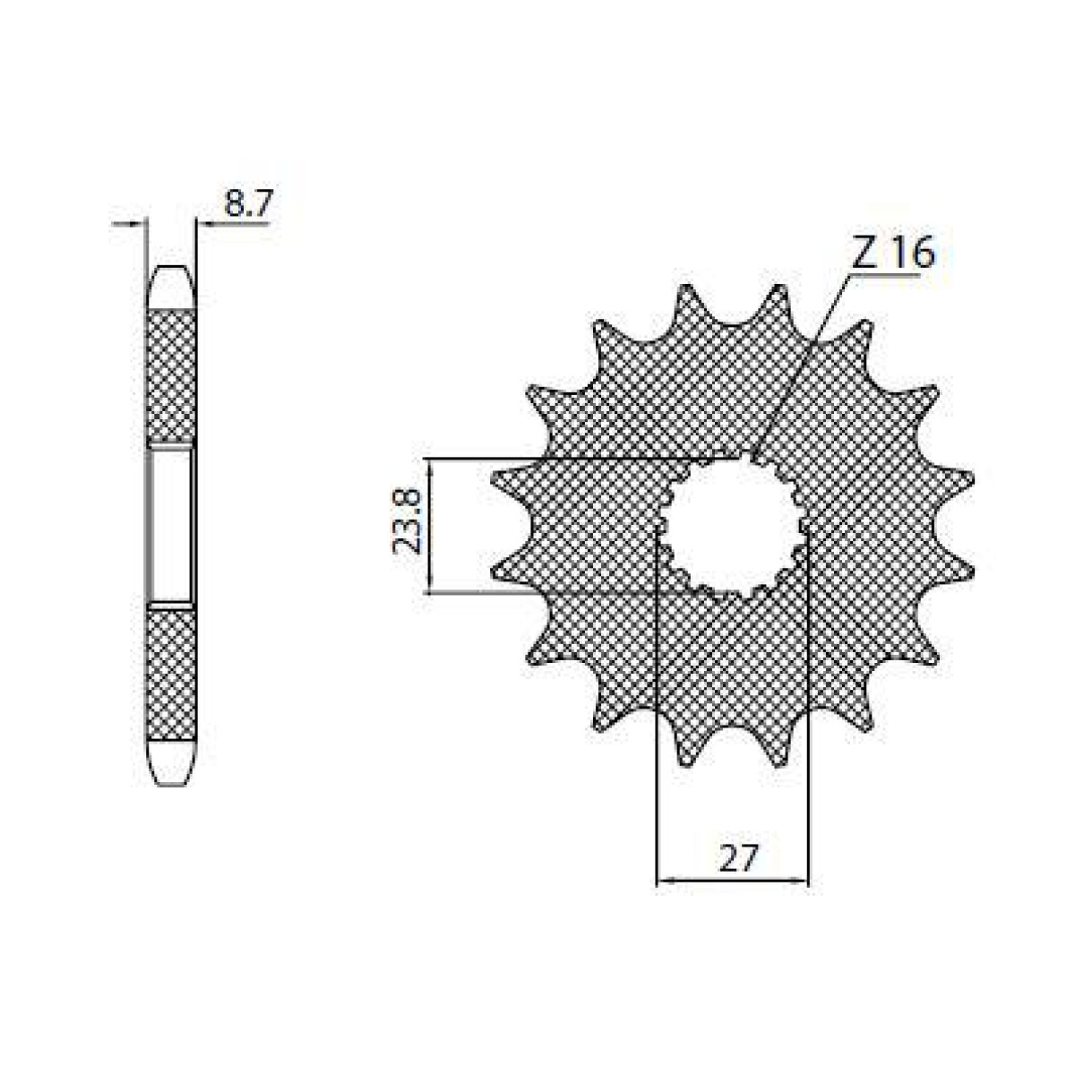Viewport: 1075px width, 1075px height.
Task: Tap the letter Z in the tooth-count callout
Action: pos(864,254)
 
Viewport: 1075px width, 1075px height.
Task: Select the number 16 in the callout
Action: pos(913,254)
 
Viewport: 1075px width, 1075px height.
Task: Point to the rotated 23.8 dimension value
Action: pos(407,526)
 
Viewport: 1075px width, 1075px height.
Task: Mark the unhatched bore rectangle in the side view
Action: pos(170,525)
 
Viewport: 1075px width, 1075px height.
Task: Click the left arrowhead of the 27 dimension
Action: pos(664,881)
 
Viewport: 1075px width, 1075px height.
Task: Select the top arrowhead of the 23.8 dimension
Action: pos(431,465)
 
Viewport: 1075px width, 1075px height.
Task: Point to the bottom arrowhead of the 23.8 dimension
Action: pos(431,586)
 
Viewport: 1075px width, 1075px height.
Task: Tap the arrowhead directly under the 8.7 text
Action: pos(202,223)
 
